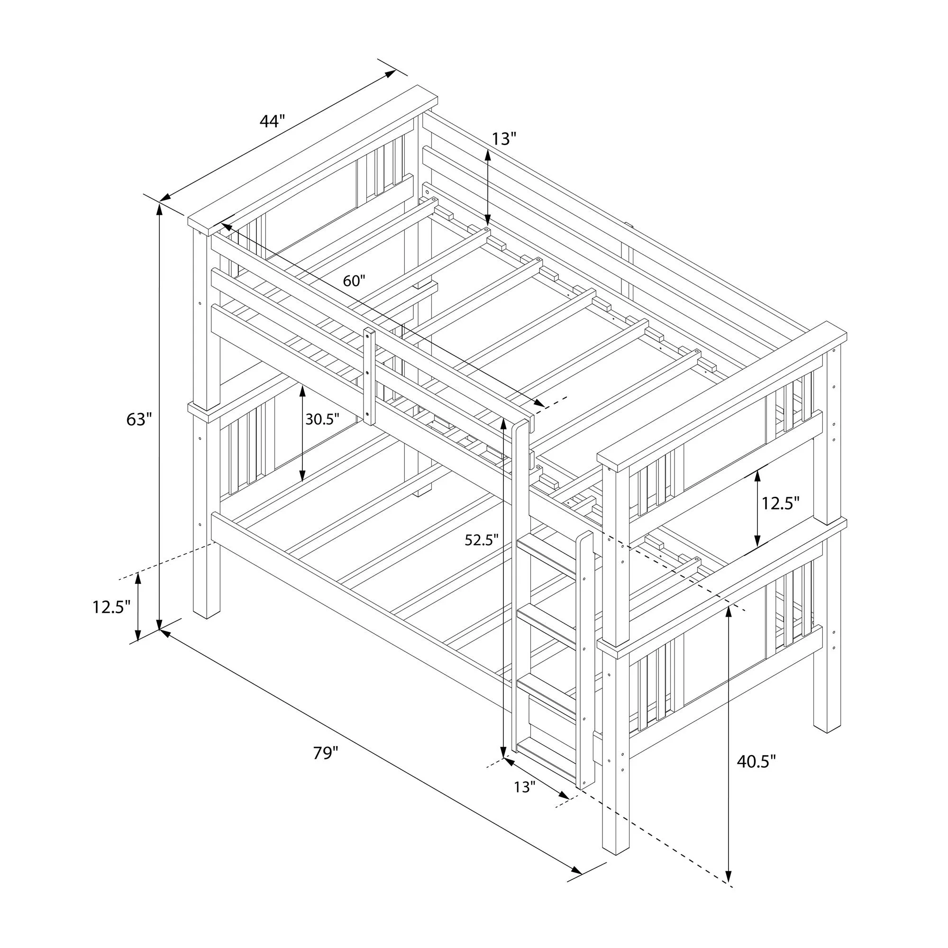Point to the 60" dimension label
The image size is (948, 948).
point(354,281)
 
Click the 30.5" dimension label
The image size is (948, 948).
point(322,419)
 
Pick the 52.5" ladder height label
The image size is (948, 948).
point(482,540)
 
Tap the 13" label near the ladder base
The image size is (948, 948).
point(524,787)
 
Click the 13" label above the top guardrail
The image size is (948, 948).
point(504,139)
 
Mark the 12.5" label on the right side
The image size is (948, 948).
point(780,503)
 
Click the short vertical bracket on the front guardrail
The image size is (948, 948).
point(368,376)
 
